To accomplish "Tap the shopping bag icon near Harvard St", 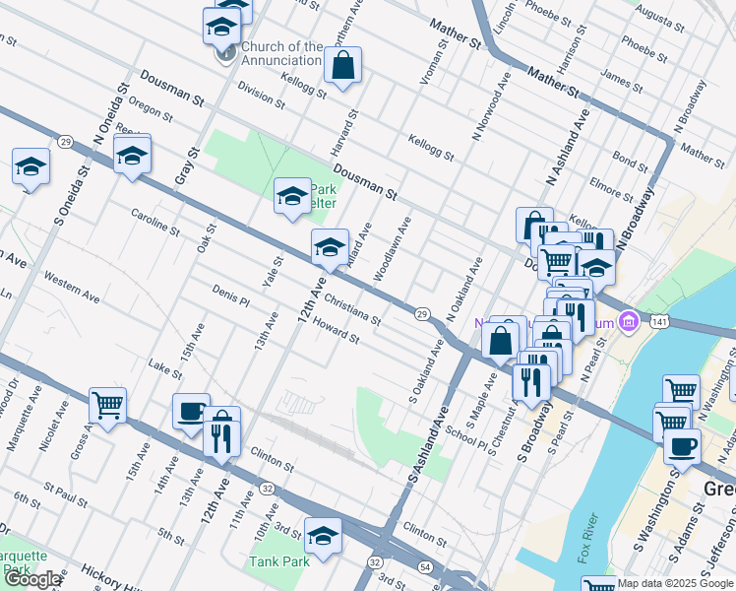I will (343, 67).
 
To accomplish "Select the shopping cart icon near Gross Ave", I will (107, 404).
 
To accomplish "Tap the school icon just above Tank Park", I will (322, 537).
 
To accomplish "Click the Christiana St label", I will (351, 307).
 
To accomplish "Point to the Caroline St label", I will (154, 225).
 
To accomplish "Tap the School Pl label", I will (465, 437).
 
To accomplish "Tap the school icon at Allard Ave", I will (330, 247).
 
